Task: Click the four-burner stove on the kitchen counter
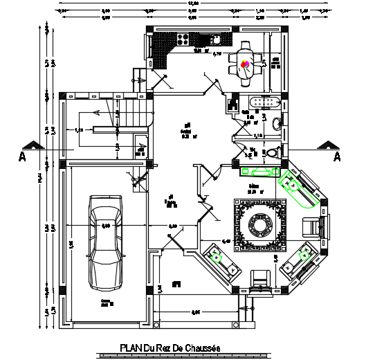tap(187, 40)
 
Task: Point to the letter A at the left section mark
tap(22, 157)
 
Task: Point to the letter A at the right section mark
tap(338, 157)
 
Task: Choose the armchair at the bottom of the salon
tap(262, 277)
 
